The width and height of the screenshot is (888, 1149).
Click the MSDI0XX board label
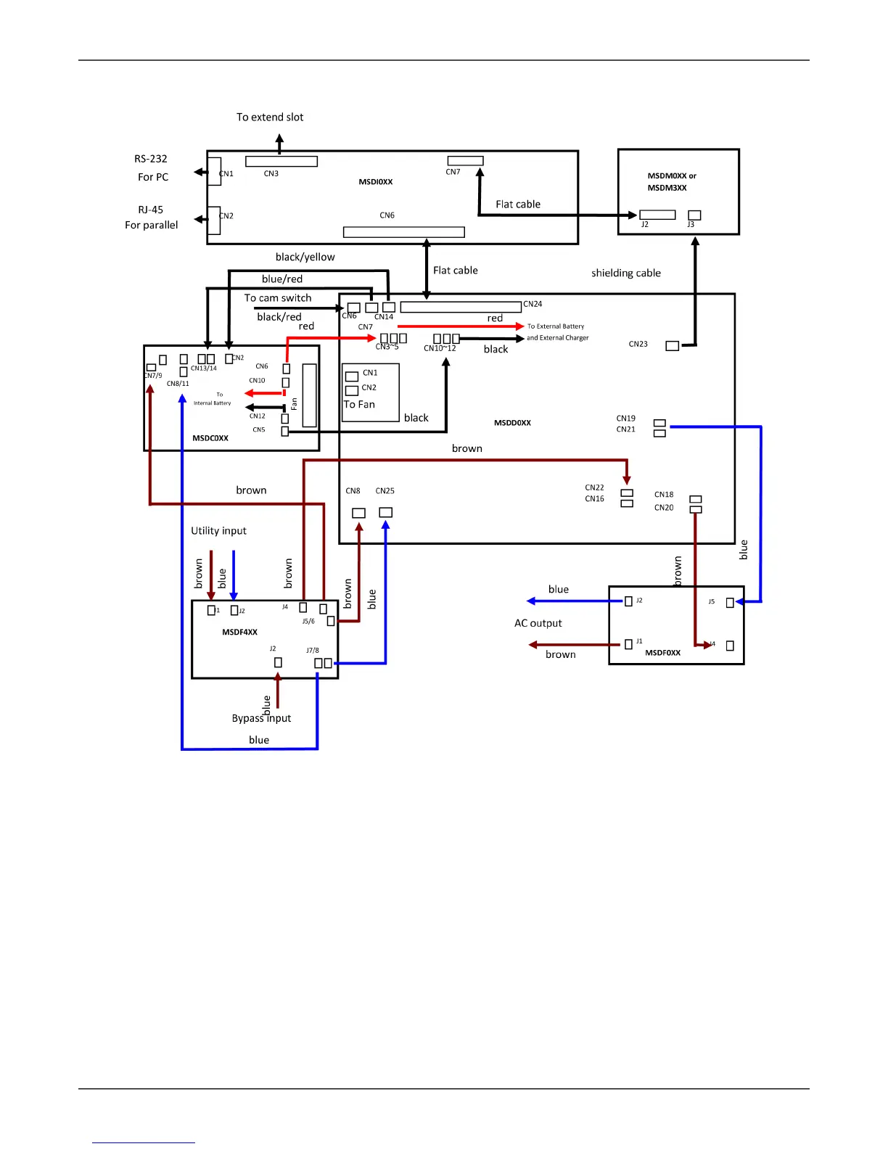376,182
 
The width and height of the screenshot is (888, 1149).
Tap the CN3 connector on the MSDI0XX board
281,161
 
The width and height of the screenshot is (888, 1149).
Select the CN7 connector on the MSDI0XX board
465,161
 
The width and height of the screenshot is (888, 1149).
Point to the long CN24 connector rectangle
461,307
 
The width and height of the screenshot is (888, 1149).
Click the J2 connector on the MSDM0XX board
657,215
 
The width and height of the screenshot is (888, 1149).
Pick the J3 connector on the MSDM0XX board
694,215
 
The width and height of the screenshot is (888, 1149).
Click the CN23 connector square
673,346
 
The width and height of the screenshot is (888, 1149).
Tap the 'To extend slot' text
270,118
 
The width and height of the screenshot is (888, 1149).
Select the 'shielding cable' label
625,273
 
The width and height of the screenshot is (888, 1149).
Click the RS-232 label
151,159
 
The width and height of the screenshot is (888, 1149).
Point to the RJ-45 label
151,210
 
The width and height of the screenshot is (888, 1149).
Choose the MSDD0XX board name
512,423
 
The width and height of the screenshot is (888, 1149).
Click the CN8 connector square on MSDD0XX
358,513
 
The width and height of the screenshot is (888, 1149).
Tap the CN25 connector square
386,513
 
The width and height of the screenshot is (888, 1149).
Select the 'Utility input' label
218,531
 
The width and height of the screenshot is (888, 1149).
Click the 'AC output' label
538,623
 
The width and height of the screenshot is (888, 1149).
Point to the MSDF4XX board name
239,633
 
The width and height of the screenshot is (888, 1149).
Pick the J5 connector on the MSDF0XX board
730,602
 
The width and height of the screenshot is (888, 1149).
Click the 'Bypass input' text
261,718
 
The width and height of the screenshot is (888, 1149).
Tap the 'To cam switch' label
278,298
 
